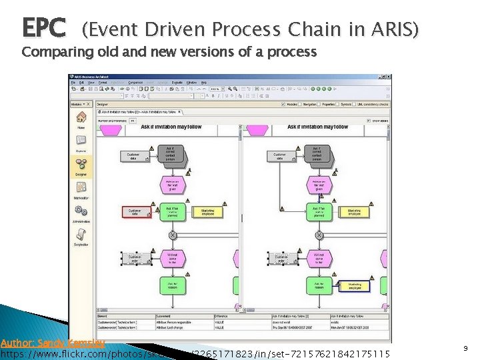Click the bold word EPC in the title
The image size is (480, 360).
44,28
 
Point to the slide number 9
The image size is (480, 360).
465,348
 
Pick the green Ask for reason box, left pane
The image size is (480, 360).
172,285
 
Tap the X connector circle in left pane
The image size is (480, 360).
172,235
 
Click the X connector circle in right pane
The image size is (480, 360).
319,235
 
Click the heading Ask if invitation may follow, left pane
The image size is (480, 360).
171,127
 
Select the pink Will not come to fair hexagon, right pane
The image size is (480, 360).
319,258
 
